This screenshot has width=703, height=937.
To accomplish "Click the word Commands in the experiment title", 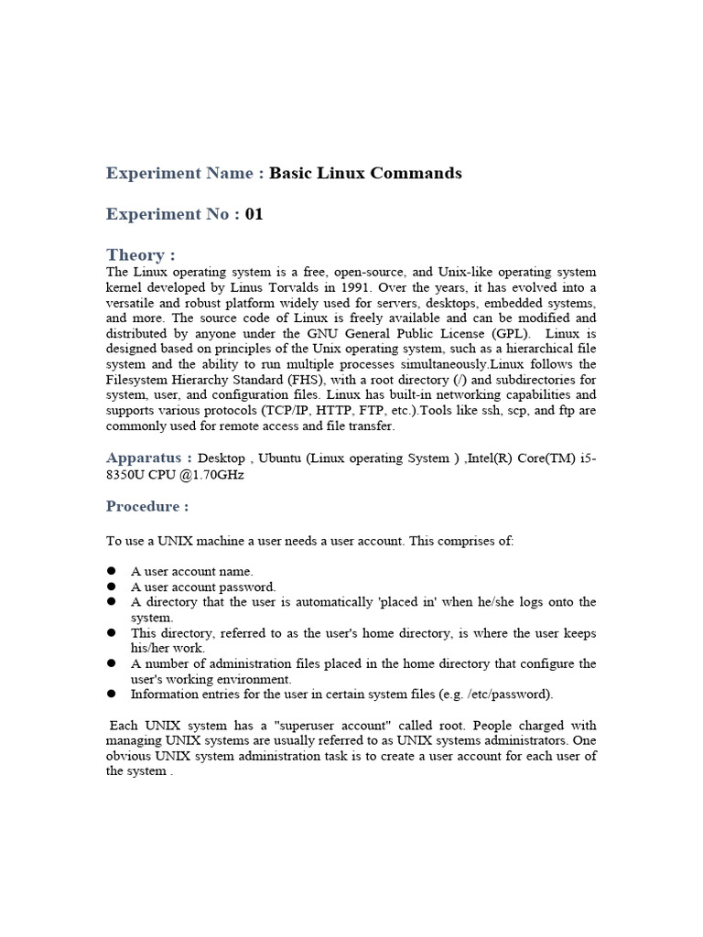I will click(416, 173).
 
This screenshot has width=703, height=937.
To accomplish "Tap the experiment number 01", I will click(254, 214).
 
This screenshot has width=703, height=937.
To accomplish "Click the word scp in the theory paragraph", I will click(525, 410).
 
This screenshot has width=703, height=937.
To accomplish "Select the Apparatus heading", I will click(148, 458).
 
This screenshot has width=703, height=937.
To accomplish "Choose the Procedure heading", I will click(147, 506).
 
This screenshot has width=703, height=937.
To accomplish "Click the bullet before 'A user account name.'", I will click(111, 571).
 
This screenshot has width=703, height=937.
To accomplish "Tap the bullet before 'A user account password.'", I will click(111, 587).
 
